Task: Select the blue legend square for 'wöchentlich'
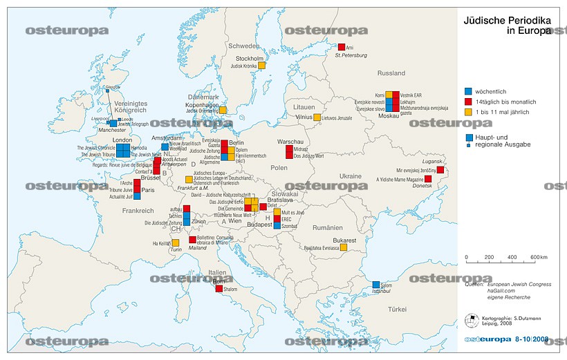click(x=468, y=91)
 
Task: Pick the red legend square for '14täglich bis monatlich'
click(x=468, y=102)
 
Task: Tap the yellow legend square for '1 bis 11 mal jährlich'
click(x=468, y=112)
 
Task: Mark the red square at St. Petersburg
click(x=341, y=47)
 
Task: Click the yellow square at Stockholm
click(x=271, y=66)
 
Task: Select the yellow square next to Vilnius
click(x=317, y=117)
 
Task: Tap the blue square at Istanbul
click(x=376, y=285)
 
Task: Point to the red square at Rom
click(x=219, y=288)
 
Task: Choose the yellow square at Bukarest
click(x=342, y=247)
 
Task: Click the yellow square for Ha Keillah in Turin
click(x=176, y=243)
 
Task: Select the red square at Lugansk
click(x=440, y=169)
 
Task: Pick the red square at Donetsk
click(x=428, y=179)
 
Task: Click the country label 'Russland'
click(x=391, y=73)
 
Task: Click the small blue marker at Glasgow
click(x=108, y=88)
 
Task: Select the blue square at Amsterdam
click(x=165, y=146)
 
